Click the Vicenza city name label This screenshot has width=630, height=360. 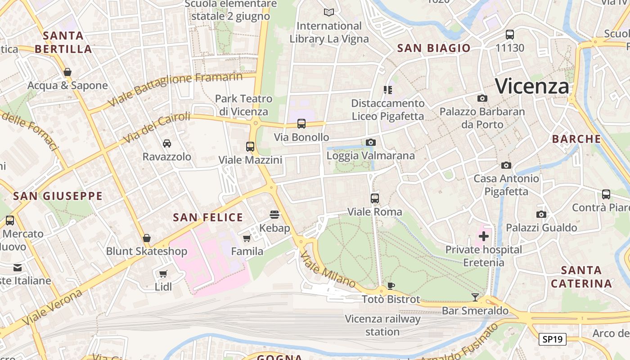[x=532, y=86]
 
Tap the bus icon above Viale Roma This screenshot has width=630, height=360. [x=374, y=198]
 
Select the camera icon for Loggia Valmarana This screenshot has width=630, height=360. [x=370, y=143]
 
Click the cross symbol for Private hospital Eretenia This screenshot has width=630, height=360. [x=484, y=236]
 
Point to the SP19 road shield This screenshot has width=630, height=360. [x=553, y=339]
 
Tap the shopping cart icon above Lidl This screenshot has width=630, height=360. [x=163, y=274]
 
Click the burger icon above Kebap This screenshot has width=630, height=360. [x=274, y=214]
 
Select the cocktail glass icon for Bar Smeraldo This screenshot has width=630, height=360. [x=475, y=297]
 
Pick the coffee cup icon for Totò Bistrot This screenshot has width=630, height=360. [x=391, y=286]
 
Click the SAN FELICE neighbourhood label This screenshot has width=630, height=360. [x=208, y=218]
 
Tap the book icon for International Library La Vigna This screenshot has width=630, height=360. [x=329, y=12]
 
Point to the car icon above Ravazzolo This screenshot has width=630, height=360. [x=166, y=143]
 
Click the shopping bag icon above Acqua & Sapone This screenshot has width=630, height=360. [x=67, y=72]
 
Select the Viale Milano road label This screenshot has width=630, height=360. [x=328, y=270]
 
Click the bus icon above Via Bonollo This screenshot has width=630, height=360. [x=301, y=123]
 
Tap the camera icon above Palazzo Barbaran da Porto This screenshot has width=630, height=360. [x=482, y=98]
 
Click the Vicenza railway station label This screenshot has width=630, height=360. [x=382, y=325]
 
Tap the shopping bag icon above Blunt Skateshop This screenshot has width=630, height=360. [x=146, y=238]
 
